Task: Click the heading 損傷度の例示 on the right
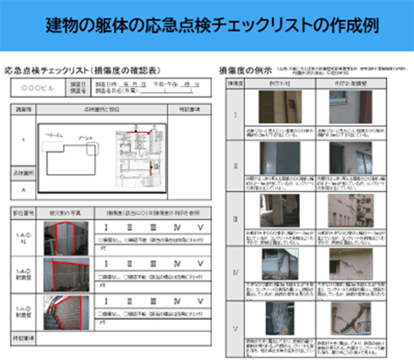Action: pyautogui.click(x=245, y=69)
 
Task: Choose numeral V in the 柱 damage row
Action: pyautogui.click(x=201, y=228)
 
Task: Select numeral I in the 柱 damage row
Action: pyautogui.click(x=106, y=228)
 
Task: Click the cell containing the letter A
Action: pyautogui.click(x=23, y=191)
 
